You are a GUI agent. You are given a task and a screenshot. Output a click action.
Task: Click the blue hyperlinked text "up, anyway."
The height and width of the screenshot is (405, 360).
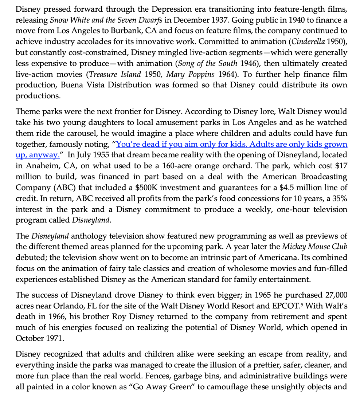[x=38, y=155]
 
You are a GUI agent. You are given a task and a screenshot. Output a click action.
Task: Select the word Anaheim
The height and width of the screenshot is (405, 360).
[x=38, y=166]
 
